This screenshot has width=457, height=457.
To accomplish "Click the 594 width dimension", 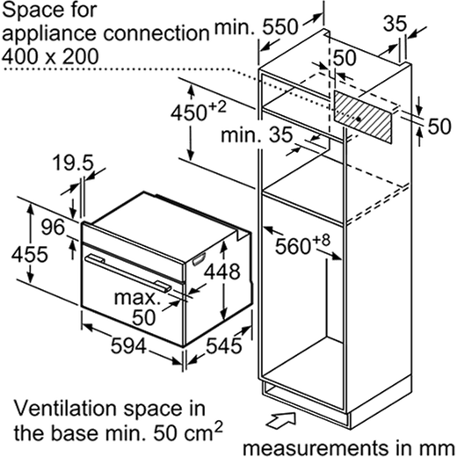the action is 128,345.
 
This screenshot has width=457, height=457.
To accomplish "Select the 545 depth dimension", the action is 224,345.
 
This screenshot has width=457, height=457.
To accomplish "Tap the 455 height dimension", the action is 29,254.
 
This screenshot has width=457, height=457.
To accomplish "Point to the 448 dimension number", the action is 222,272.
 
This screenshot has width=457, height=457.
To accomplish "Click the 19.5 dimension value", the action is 73,163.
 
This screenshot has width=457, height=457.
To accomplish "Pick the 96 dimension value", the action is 53,227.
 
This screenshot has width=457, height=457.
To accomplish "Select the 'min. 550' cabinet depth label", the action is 257,27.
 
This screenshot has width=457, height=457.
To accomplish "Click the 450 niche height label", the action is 199,112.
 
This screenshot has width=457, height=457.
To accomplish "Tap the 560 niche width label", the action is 302,244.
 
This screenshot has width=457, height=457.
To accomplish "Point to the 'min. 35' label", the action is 257,135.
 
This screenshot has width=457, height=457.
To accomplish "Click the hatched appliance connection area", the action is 363,117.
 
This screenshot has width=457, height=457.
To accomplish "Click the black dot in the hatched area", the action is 359,119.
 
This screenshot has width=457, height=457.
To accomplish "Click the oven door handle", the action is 127,272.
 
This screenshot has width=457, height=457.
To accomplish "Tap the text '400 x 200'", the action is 50,56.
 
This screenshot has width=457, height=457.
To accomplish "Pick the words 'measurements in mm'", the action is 349,448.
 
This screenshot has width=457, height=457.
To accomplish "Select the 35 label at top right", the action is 395,24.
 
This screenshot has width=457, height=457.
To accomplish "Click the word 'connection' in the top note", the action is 156,33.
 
